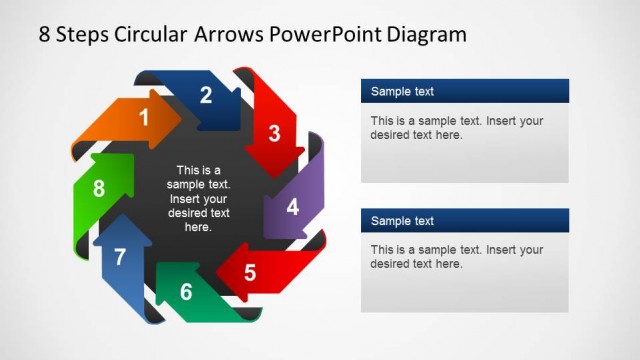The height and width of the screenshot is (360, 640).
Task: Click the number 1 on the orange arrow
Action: coord(144,118)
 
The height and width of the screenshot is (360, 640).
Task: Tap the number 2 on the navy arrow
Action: coord(206,96)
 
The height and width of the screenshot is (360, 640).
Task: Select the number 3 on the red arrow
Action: coord(274,133)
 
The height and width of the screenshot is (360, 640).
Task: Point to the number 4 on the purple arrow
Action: coord(292,208)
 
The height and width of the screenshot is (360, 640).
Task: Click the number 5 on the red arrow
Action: coord(250,272)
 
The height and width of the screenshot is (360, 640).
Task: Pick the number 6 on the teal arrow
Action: coord(186,293)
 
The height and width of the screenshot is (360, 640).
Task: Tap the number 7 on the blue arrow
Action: coord(120,257)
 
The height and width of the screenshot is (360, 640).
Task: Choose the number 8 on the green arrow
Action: coord(98,189)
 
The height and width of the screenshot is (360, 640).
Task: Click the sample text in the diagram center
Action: coord(198,198)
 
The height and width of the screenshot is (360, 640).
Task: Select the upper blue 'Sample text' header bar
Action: coord(464,92)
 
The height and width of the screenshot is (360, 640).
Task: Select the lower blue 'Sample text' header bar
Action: coord(464,221)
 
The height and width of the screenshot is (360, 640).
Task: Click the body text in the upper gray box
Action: coord(456,128)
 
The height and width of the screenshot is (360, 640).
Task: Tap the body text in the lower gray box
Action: coord(456,257)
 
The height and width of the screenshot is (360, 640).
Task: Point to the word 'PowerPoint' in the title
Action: coord(327,35)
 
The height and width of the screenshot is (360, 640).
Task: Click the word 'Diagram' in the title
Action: coord(429,35)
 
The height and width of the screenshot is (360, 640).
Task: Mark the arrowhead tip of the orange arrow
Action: coord(180,117)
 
